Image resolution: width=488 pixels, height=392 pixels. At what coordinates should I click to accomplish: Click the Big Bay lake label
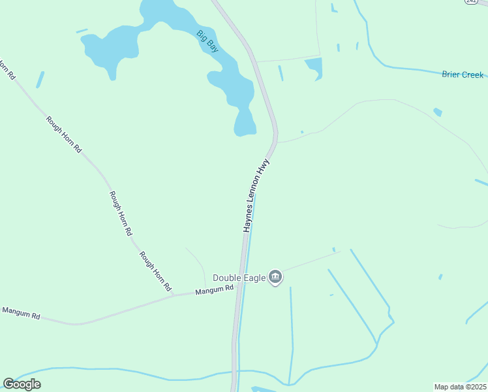click(x=207, y=41)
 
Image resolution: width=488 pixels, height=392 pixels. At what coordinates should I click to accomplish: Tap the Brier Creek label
click(x=463, y=74)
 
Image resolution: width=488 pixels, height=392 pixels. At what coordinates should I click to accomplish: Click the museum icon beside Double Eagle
click(x=275, y=278)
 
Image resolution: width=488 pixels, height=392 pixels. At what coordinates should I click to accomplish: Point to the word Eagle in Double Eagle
click(x=256, y=278)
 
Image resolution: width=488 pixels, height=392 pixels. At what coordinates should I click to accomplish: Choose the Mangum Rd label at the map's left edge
click(x=21, y=313)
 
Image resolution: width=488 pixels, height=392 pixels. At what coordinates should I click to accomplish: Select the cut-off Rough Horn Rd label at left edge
click(x=7, y=69)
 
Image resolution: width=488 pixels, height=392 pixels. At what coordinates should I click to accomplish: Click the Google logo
click(x=22, y=384)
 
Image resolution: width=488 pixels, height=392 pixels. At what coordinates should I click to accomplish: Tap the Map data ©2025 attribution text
click(x=460, y=387)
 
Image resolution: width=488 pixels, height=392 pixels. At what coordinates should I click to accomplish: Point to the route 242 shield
click(x=471, y=2)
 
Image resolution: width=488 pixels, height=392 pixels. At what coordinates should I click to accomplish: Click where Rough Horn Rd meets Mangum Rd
click(x=174, y=295)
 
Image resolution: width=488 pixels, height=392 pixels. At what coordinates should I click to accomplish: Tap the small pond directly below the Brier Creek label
click(x=437, y=112)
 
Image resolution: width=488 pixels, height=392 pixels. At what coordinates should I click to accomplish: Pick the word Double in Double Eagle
click(x=232, y=278)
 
